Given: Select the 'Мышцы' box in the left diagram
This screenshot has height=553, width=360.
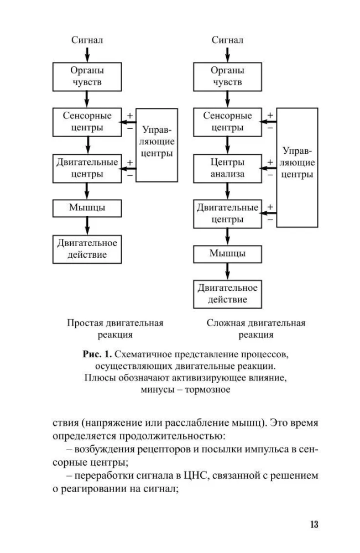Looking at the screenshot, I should [x=87, y=208].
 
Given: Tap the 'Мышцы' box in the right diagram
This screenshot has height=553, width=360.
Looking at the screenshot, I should [x=227, y=254].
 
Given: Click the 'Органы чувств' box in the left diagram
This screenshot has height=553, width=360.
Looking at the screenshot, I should [x=87, y=77].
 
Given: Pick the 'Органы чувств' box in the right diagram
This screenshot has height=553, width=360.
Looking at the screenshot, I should [x=227, y=77].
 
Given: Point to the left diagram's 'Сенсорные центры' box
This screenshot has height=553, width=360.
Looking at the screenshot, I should [x=87, y=122].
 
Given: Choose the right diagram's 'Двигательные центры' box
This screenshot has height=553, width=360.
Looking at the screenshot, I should [x=227, y=213].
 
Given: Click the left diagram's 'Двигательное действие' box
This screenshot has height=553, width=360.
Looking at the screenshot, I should [x=87, y=249].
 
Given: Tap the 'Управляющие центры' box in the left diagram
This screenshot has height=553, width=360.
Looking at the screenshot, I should [x=157, y=144].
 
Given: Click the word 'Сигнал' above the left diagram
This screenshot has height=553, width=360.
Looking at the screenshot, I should [x=87, y=40].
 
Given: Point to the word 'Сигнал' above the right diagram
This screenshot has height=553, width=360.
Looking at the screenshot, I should [x=227, y=40].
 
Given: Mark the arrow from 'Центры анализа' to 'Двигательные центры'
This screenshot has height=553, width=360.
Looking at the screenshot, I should [x=227, y=191].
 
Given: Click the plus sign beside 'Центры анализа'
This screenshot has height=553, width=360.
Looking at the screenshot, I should [x=270, y=162].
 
